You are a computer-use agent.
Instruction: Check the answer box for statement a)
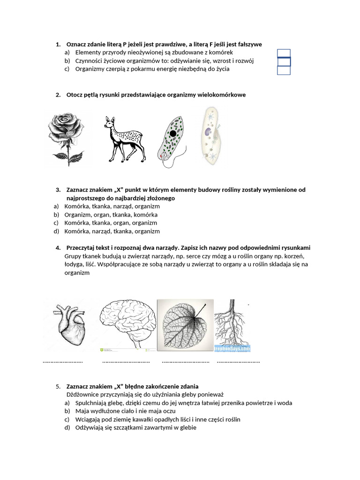click(284, 53)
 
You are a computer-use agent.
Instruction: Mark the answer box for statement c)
click(284, 70)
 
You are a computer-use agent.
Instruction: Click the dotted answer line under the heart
click(63, 362)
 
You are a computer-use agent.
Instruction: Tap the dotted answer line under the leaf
click(185, 362)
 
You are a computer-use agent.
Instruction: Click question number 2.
click(58, 95)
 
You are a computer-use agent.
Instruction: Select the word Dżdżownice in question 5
click(83, 395)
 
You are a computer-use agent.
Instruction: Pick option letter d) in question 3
click(56, 231)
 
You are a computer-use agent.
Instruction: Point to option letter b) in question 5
click(67, 411)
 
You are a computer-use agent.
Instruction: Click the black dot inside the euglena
click(173, 134)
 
